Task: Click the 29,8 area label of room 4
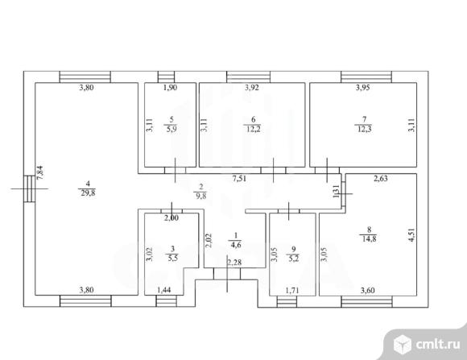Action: point(88,193)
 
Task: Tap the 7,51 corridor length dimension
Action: point(239,179)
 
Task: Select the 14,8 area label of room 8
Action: point(370,238)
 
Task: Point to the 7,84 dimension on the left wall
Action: point(40,172)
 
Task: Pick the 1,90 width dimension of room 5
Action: point(171,88)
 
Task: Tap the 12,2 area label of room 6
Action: point(253,130)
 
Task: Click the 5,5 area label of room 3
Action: point(173,258)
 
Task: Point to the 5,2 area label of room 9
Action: point(293,258)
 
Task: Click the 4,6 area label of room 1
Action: point(236,245)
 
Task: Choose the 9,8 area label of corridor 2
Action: point(201,196)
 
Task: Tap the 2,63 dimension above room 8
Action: point(381,179)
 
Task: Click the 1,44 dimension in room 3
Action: point(164,290)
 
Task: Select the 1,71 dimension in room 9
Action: point(292,290)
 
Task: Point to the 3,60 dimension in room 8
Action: point(367,290)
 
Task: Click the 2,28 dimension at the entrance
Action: point(234,263)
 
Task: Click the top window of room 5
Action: point(166,77)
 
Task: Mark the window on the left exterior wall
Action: point(30,188)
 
